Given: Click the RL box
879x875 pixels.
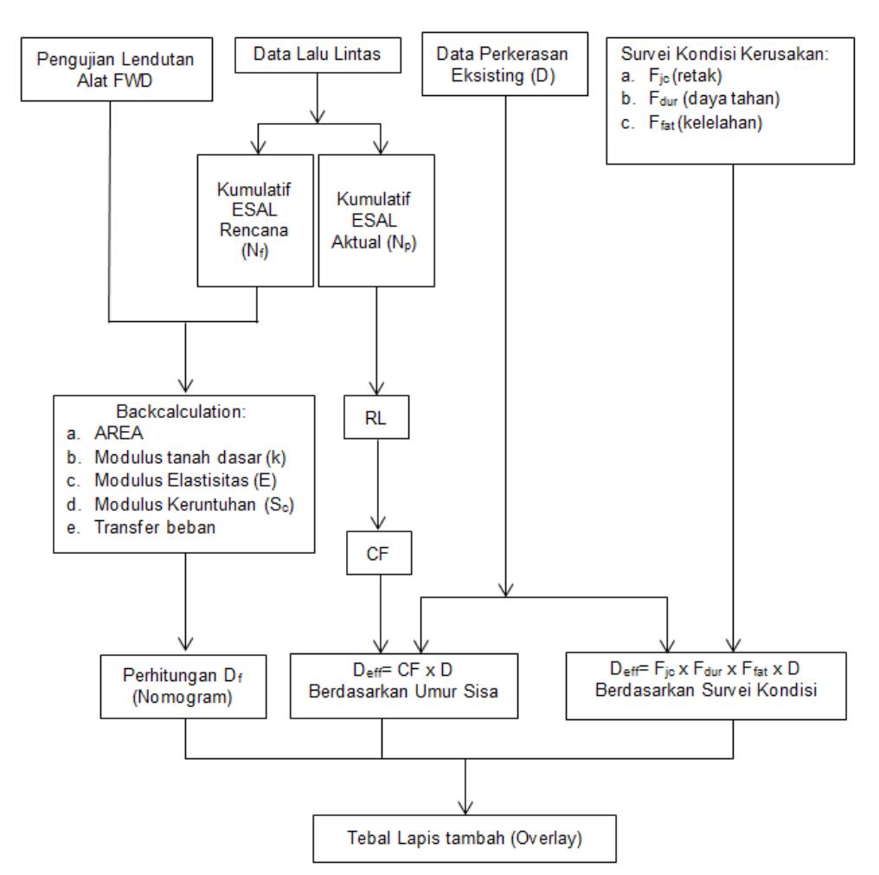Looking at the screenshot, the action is (376, 417).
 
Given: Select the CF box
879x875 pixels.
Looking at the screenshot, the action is (379, 553).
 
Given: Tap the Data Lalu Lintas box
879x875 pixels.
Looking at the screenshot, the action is (318, 55).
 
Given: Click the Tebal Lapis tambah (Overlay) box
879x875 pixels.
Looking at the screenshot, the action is (465, 839).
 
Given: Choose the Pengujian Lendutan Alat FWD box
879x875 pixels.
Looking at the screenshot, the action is (117, 69).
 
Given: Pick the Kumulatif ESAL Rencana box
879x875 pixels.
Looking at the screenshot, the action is (255, 221).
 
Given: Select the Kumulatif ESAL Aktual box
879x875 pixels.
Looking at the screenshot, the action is (376, 221).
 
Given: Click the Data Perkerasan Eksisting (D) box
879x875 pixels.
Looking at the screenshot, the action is (504, 63).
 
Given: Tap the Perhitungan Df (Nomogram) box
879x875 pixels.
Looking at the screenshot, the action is (183, 686).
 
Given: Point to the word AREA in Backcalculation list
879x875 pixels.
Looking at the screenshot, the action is (119, 433).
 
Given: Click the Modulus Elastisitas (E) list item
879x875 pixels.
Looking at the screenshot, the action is (185, 480).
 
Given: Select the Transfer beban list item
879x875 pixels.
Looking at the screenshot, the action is (155, 527).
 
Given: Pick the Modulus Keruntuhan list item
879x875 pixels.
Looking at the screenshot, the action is (194, 505).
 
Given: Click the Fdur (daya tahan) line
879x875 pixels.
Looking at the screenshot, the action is (715, 99).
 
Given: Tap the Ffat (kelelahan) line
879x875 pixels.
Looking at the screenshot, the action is (705, 122).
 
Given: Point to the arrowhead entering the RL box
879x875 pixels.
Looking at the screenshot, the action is (376, 388).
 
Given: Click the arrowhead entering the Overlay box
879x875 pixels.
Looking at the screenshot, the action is (465, 807).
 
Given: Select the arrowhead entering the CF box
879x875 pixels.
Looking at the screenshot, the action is (378, 524).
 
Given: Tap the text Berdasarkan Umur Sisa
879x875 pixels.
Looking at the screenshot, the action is (403, 691).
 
